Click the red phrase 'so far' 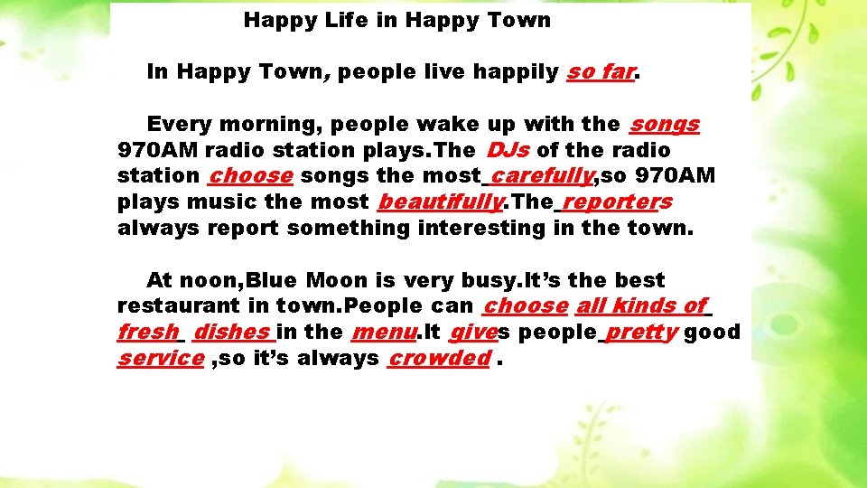coord(601,72)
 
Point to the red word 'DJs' coord(508,150)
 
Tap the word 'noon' coord(209,281)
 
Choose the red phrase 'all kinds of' coord(641,306)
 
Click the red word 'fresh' coord(147,333)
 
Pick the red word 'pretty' coord(642,333)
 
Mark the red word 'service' coord(160,359)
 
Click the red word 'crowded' coord(439,359)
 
